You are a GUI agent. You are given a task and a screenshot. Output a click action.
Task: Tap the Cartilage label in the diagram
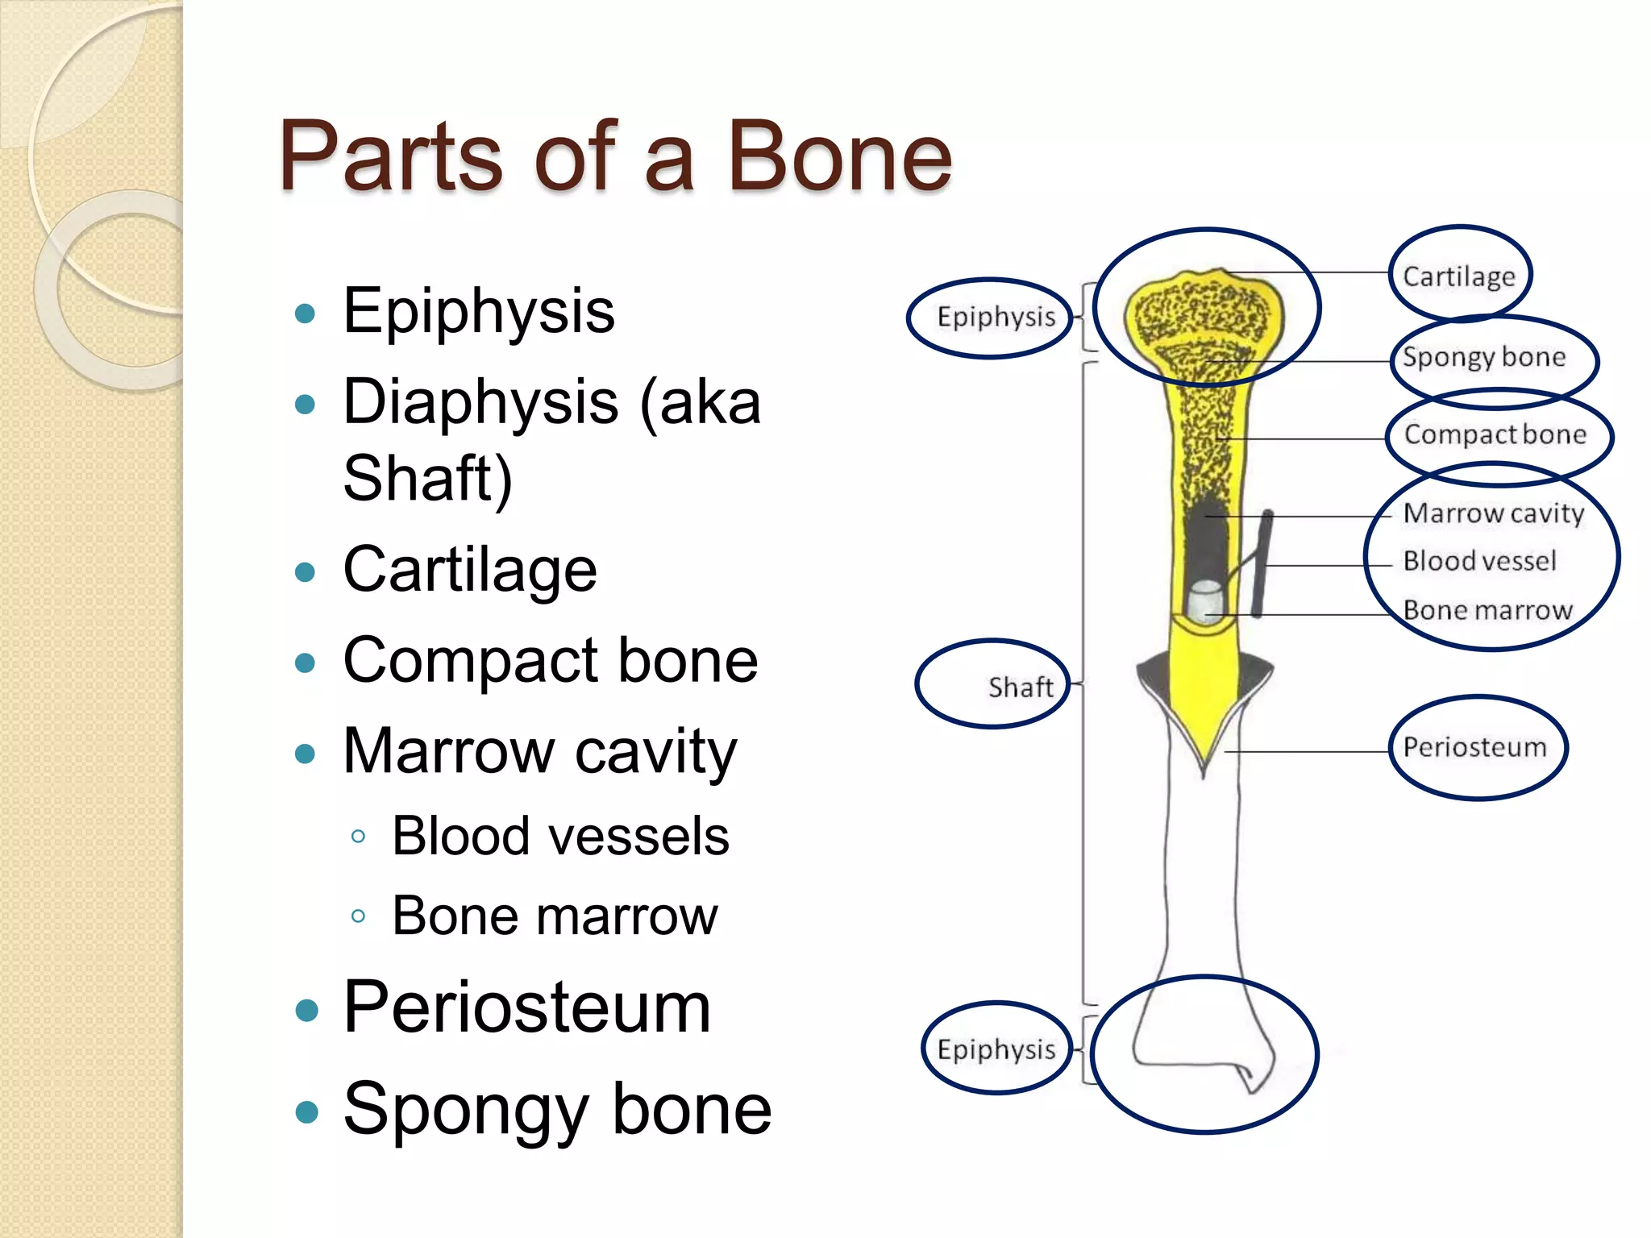tap(1458, 276)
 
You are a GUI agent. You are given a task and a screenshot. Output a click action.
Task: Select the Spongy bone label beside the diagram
tap(1483, 356)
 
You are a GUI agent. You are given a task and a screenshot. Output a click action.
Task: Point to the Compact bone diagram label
tap(1495, 434)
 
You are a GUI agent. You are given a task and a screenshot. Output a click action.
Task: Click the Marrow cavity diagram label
tap(1493, 513)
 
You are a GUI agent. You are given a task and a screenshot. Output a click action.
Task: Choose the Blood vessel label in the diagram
tap(1479, 561)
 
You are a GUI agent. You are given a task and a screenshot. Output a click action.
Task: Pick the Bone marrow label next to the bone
tap(1487, 610)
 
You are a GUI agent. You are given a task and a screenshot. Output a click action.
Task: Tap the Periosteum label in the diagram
tap(1474, 747)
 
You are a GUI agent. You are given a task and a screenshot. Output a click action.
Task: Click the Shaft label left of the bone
tap(1020, 688)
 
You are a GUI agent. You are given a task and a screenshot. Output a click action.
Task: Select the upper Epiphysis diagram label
tap(996, 317)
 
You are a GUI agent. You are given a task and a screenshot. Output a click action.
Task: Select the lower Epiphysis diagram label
tap(996, 1049)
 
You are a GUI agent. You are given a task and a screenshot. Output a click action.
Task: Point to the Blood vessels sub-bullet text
tap(560, 836)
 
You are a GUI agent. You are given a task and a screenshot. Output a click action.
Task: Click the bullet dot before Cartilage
tap(305, 572)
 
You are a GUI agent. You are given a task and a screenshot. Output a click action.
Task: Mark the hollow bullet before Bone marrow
tap(359, 916)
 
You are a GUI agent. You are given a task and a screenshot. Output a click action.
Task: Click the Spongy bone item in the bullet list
tap(557, 1110)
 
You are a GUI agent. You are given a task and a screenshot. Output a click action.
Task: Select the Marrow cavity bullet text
tap(539, 751)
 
